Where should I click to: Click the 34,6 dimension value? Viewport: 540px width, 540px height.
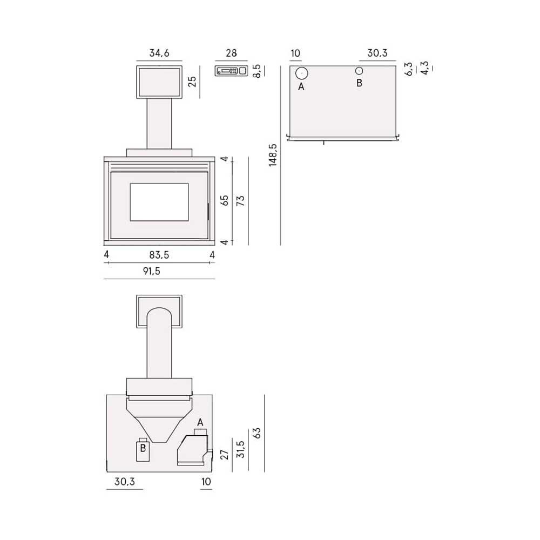(159, 53)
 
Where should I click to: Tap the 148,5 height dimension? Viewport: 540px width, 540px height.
(273, 155)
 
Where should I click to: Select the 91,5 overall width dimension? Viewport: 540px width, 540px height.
(152, 271)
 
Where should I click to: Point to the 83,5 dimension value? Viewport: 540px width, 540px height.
(159, 255)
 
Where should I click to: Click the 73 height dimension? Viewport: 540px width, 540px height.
(240, 200)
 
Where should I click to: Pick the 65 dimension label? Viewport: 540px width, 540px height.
(224, 200)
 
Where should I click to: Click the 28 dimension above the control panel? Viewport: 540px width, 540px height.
(231, 53)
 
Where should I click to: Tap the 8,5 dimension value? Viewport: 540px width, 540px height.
(256, 71)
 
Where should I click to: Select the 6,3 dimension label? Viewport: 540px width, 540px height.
(408, 69)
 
